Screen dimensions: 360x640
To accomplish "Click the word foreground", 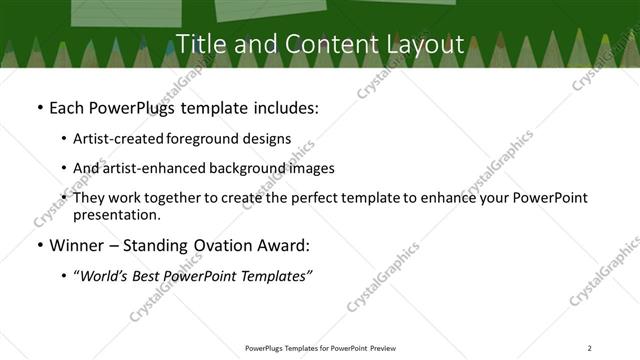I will tap(204, 139).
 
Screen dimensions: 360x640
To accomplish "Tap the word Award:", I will tap(286, 246).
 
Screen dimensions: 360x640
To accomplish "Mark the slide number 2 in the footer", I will tap(589, 347).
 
